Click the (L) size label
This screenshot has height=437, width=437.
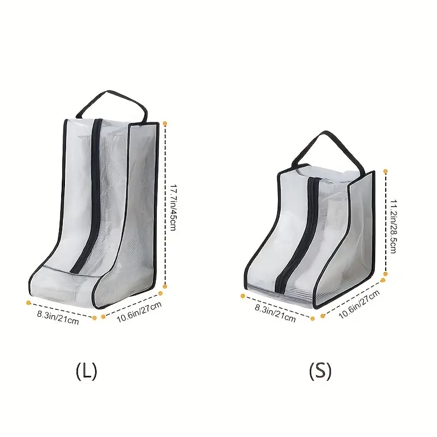tap(86, 371)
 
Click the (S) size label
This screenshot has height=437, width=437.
tap(320, 371)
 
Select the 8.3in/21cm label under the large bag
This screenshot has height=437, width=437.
tap(58, 317)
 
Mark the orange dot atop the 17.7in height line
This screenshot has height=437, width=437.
tap(166, 125)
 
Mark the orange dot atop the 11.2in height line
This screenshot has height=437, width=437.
tap(386, 172)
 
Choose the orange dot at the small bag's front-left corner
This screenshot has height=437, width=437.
tap(243, 296)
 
